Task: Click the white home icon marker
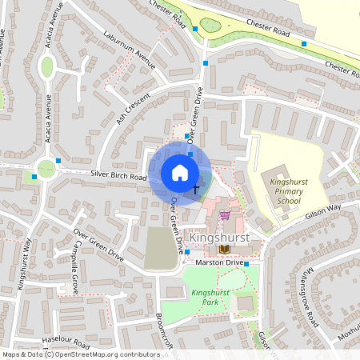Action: pyautogui.click(x=180, y=172)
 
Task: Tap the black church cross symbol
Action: pyautogui.click(x=197, y=189)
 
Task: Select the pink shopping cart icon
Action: pyautogui.click(x=225, y=214)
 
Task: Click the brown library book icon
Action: pyautogui.click(x=222, y=249)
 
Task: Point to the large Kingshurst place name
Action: pyautogui.click(x=218, y=238)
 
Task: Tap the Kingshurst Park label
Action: pyautogui.click(x=210, y=297)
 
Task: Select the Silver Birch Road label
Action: pyautogui.click(x=118, y=176)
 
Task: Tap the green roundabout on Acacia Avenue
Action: pyautogui.click(x=46, y=169)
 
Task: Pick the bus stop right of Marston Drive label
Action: pyautogui.click(x=246, y=263)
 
